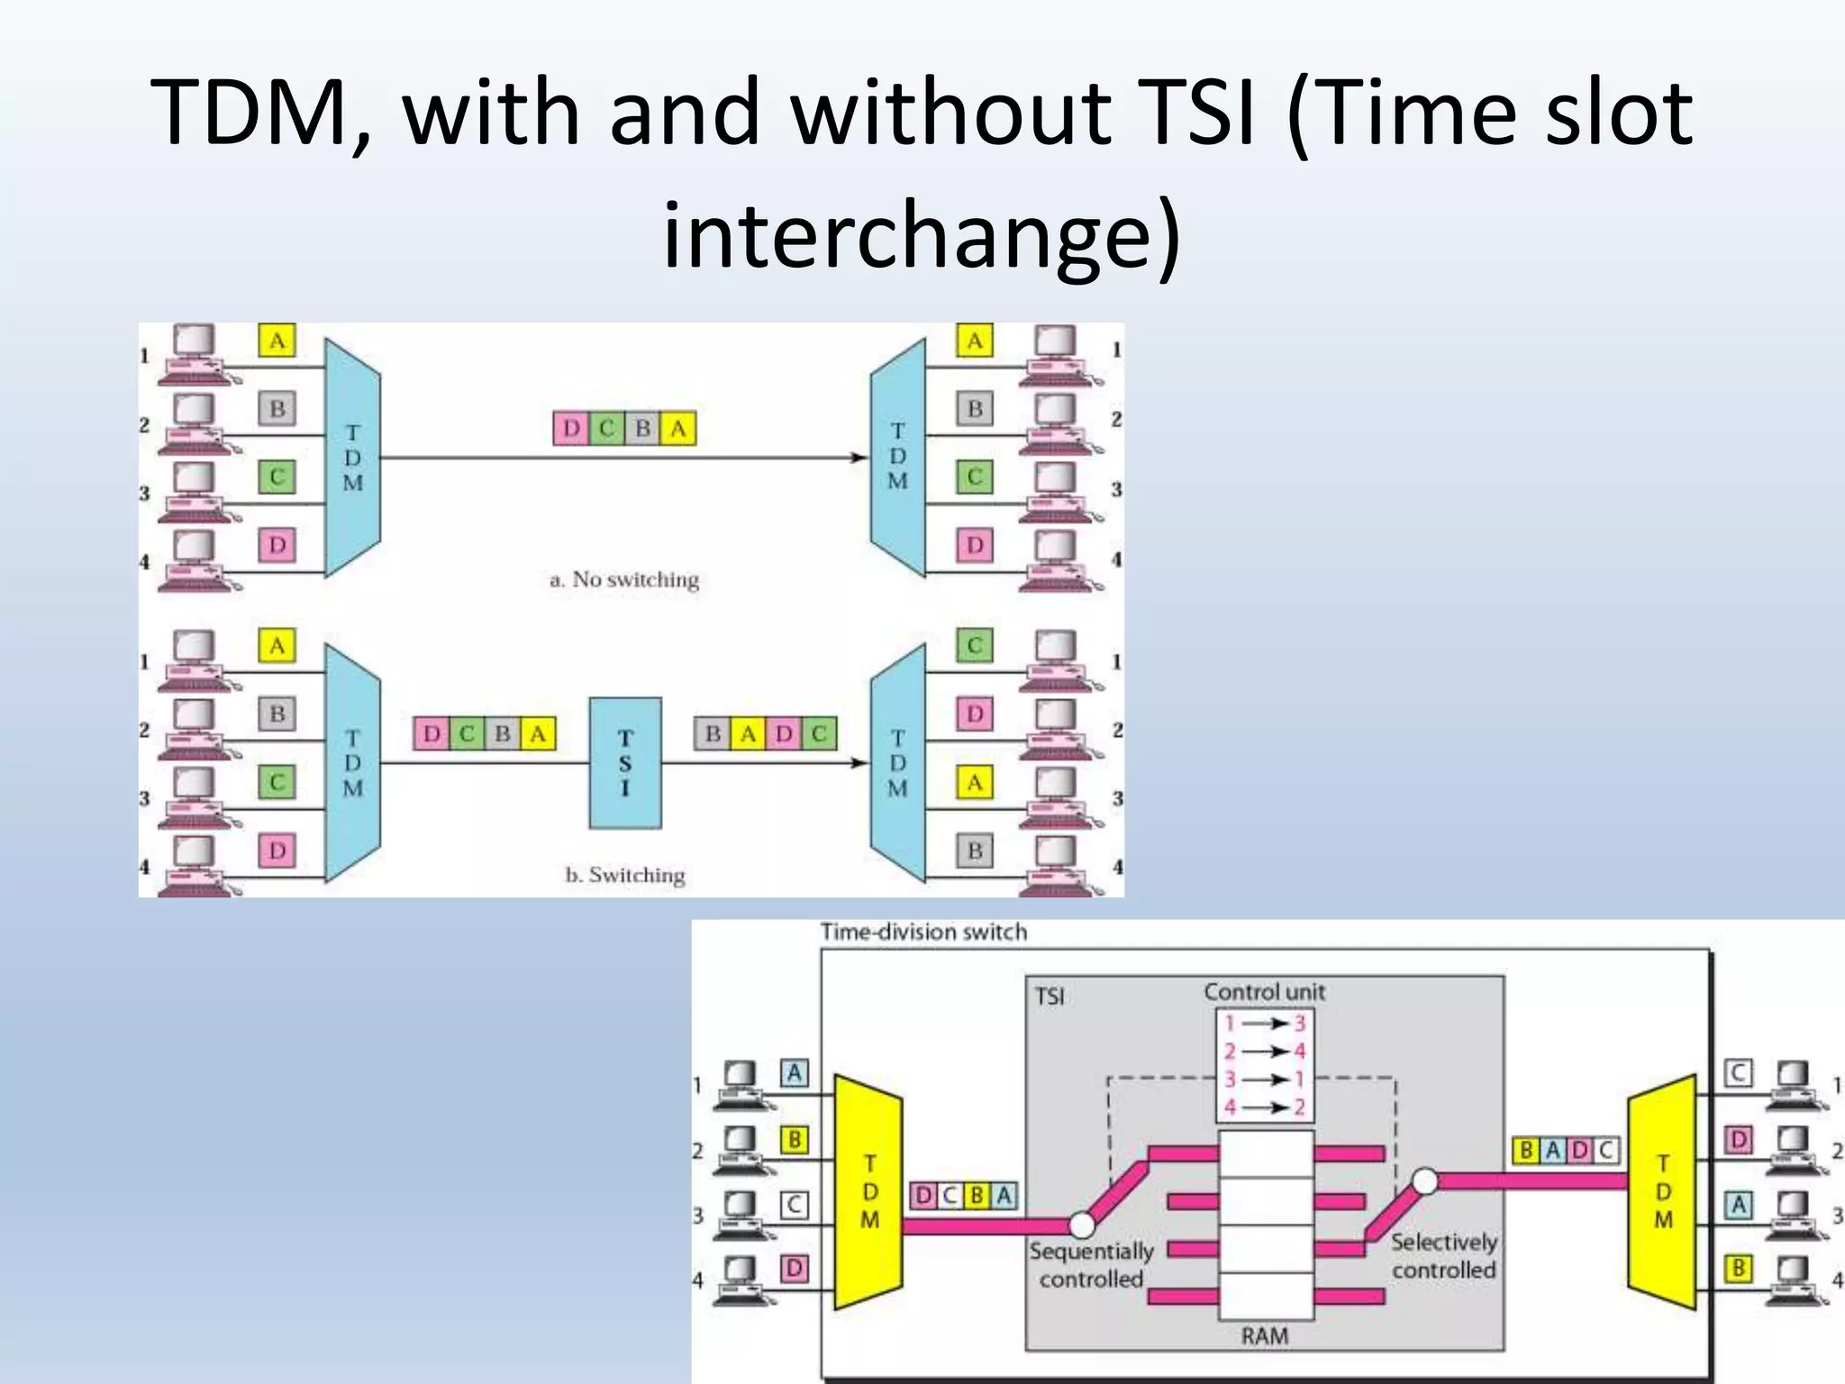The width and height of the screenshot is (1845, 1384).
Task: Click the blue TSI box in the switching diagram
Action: pyautogui.click(x=625, y=762)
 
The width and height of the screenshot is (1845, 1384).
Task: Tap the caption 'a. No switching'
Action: pyautogui.click(x=624, y=579)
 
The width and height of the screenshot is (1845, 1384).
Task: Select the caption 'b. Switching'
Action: pyautogui.click(x=625, y=875)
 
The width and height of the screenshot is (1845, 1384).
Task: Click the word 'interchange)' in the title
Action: pyautogui.click(x=922, y=232)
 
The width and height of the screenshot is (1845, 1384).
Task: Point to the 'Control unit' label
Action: pyautogui.click(x=1264, y=992)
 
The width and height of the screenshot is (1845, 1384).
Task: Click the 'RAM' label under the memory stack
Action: pyautogui.click(x=1264, y=1335)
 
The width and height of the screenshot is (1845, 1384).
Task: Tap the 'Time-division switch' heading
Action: pyautogui.click(x=923, y=932)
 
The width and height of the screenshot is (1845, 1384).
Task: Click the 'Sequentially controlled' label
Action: pyautogui.click(x=1091, y=1265)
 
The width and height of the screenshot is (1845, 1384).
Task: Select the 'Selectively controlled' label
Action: pyautogui.click(x=1443, y=1256)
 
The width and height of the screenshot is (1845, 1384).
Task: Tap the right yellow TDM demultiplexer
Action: pyautogui.click(x=1662, y=1191)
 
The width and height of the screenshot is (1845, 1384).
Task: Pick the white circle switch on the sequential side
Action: pyautogui.click(x=1081, y=1225)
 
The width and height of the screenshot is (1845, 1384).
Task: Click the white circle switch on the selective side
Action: pyautogui.click(x=1424, y=1180)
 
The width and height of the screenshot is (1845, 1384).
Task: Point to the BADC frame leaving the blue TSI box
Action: pyautogui.click(x=766, y=733)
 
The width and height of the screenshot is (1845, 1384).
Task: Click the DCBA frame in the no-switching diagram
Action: pyautogui.click(x=624, y=428)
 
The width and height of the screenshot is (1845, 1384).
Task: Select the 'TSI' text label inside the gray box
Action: pyautogui.click(x=1050, y=997)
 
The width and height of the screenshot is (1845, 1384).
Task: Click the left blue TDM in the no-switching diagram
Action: pyautogui.click(x=353, y=458)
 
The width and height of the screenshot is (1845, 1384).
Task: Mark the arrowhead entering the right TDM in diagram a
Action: pyautogui.click(x=859, y=458)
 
